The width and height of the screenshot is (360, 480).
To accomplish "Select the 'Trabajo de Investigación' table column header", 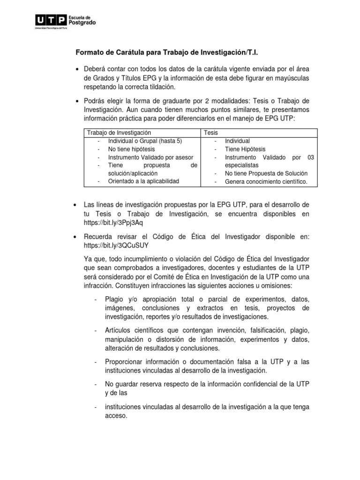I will tap(120, 133).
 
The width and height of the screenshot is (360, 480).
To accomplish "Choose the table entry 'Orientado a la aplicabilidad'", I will tap(143, 181).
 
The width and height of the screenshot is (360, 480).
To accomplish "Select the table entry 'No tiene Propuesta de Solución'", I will tap(266, 173).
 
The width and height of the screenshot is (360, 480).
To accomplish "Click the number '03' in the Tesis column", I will tap(310, 157).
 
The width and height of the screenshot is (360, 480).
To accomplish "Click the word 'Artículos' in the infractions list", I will tap(120, 331).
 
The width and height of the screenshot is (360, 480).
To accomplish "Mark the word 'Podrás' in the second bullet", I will tap(95, 102).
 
